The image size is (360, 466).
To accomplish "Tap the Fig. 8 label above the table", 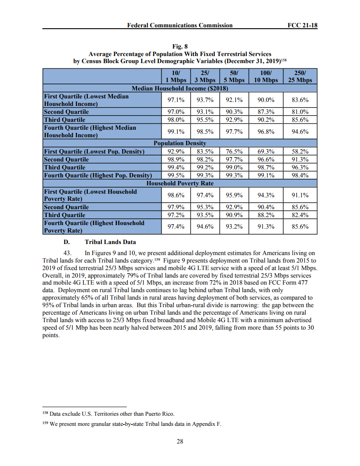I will pos(180,45).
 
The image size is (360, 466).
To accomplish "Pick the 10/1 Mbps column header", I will pos(174,76).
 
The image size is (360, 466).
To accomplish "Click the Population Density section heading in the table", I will pos(180,143).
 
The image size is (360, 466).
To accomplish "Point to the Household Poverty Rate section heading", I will pos(180,183).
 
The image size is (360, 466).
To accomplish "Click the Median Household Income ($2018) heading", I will pos(180,88).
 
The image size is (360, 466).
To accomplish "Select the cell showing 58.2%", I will pos(300,151).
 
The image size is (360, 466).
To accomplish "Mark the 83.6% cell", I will pos(300,100).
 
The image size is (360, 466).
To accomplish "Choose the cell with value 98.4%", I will pos(300,175).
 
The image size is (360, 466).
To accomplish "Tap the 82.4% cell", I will pos(300,215).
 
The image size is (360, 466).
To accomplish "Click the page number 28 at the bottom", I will pos(180,441).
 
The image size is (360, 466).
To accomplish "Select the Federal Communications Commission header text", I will pos(180,25).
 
